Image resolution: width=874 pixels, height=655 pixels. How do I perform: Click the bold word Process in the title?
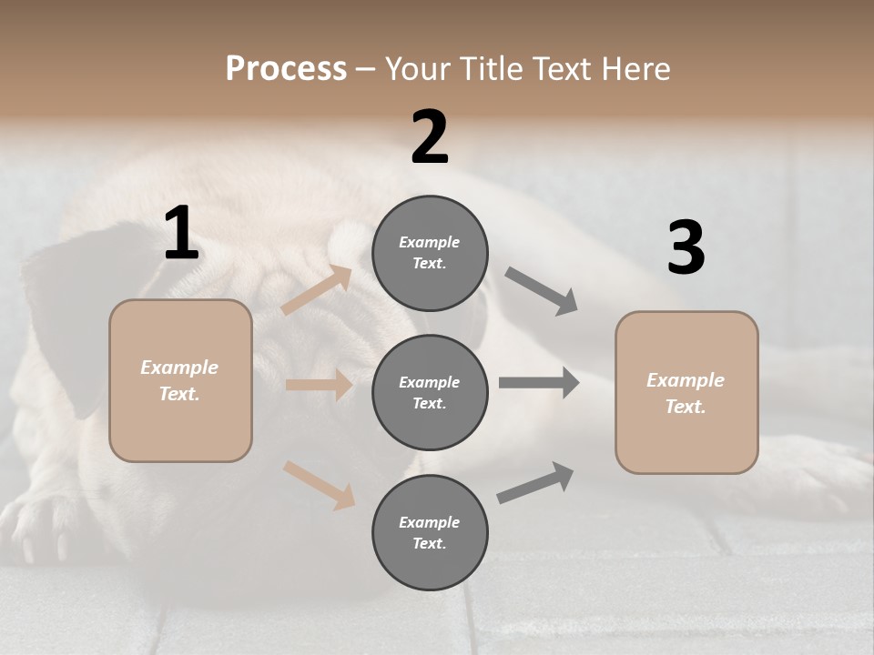click(286, 68)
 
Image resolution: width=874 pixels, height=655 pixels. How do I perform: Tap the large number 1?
click(181, 234)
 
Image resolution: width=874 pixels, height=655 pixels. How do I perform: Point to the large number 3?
click(686, 247)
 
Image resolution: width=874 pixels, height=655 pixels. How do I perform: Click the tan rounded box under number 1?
click(180, 380)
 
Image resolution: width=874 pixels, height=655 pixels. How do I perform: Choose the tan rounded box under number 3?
click(686, 392)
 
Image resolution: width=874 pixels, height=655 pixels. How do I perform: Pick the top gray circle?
click(430, 253)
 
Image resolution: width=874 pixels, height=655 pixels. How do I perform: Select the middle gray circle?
click(430, 392)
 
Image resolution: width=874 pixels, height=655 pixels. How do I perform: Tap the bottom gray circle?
click(430, 532)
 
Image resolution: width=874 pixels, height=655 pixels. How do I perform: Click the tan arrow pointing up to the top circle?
click(317, 290)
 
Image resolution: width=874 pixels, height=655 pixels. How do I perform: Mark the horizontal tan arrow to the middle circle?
click(319, 385)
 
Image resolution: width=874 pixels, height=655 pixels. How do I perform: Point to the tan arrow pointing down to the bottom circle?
click(319, 484)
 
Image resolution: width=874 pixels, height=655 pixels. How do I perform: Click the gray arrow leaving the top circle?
click(542, 291)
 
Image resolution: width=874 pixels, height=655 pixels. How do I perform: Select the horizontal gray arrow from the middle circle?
click(539, 383)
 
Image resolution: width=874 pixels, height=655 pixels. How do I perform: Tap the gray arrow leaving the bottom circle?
click(535, 483)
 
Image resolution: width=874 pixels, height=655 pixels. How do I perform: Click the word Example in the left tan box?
click(179, 368)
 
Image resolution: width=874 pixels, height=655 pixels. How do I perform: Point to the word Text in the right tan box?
click(684, 407)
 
